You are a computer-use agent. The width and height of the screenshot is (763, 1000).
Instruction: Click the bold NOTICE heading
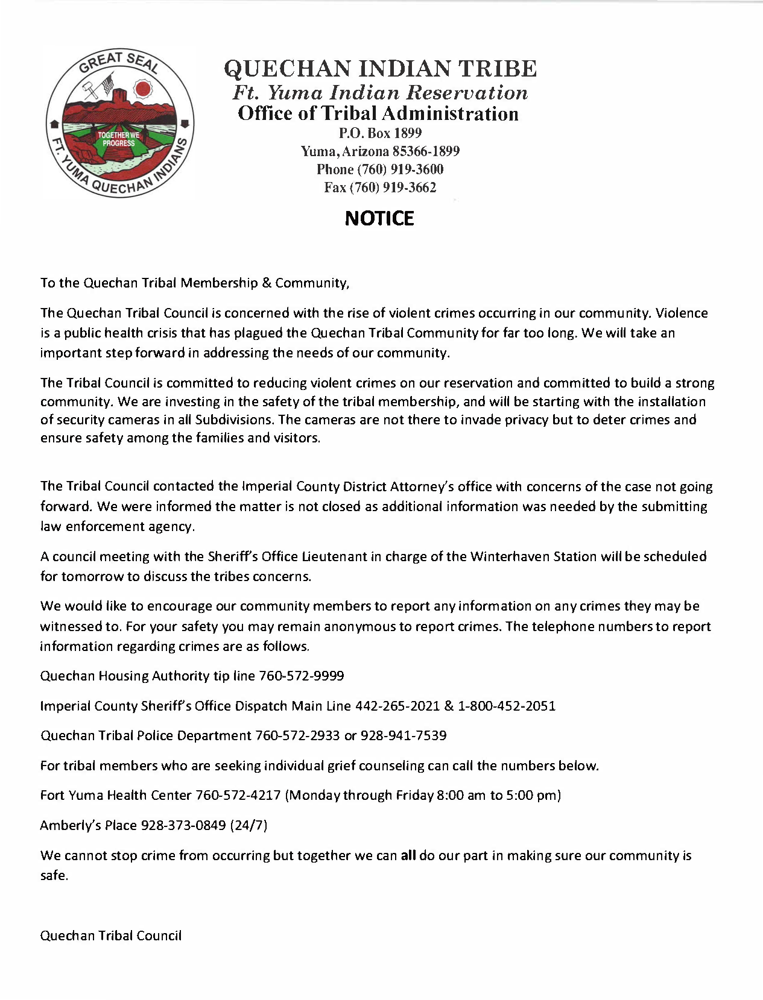379,218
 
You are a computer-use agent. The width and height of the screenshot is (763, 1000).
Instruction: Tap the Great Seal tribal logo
119,124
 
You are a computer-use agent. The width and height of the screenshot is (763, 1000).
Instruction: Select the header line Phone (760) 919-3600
380,169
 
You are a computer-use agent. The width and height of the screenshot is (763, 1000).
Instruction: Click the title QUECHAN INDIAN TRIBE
380,69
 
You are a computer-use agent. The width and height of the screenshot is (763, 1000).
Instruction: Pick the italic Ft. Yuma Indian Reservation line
380,92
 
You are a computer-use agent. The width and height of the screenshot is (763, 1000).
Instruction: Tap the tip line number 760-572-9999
301,676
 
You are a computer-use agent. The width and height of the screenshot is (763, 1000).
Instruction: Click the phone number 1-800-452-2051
507,706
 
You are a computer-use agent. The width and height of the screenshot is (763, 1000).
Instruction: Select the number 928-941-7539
404,736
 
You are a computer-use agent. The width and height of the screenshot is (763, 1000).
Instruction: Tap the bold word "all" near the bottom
408,855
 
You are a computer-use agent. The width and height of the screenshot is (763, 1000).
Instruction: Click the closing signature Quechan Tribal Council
110,936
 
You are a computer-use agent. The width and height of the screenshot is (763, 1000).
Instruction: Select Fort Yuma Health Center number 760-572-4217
238,795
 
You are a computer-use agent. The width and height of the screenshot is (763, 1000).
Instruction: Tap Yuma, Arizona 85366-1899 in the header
380,151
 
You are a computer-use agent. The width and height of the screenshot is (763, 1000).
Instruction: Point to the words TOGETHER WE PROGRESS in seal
119,139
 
